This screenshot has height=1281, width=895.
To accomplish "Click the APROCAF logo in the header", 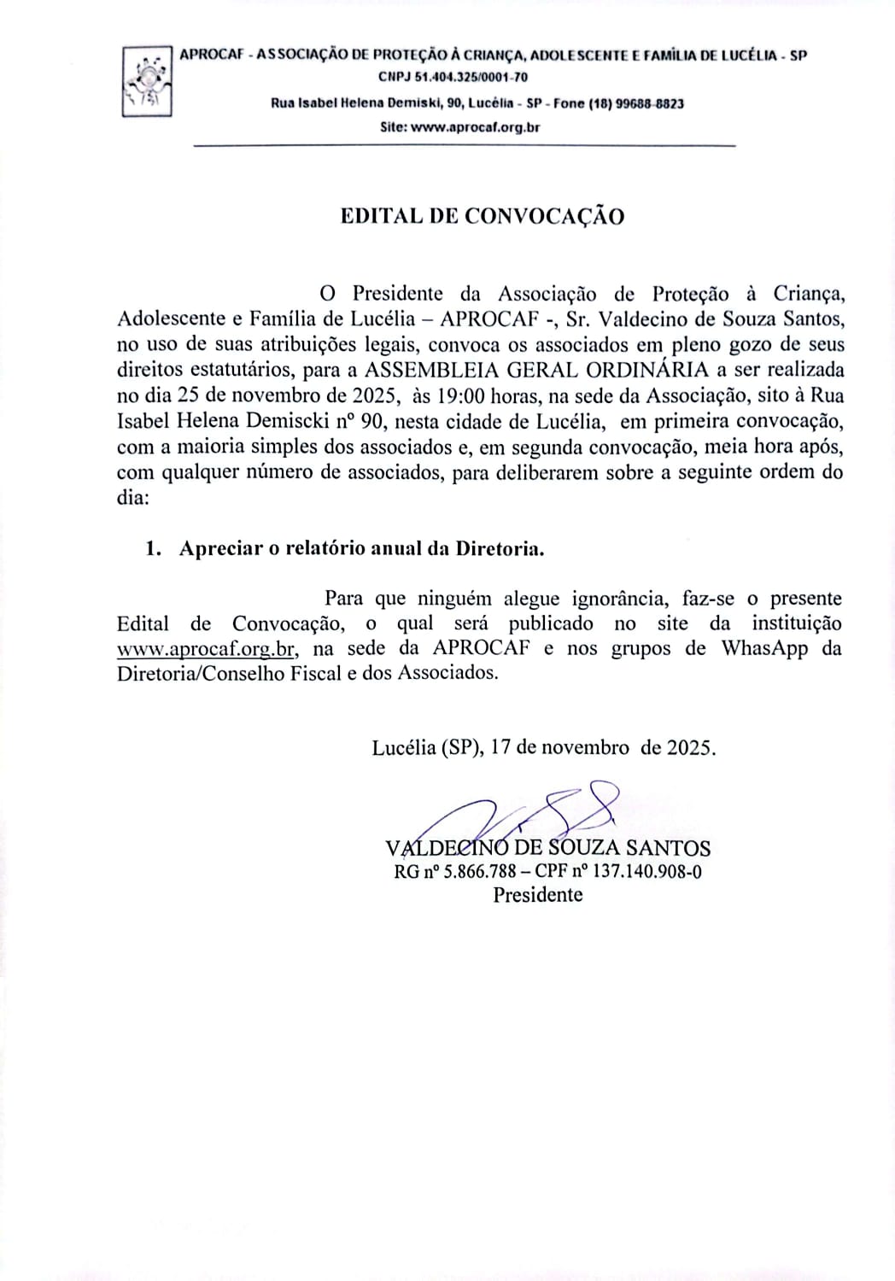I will coord(147,82).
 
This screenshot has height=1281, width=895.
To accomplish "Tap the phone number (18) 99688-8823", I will coord(637,103).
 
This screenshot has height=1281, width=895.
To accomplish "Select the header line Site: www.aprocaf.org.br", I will coord(459,127).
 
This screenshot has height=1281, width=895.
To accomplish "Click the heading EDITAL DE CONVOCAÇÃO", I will coord(483,216).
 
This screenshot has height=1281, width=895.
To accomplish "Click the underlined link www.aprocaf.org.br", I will coord(206,648).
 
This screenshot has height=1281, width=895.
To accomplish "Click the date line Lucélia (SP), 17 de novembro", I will coord(544,747).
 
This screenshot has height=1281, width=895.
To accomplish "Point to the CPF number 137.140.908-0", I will coord(648,872).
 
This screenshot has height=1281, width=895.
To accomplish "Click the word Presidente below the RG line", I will coord(538,895).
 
